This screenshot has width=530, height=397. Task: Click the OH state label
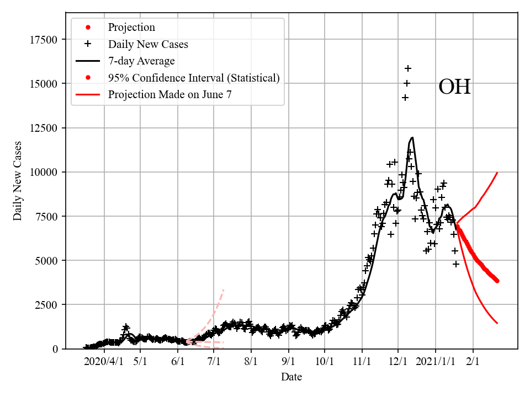454,87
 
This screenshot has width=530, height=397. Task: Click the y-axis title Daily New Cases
18,181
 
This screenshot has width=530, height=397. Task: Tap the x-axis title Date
291,377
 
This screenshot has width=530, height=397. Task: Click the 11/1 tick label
362,361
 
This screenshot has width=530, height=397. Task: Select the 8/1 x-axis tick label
251,361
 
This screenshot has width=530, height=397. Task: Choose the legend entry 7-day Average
141,61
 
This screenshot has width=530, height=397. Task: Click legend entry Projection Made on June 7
169,94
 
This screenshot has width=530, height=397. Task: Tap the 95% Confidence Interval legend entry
194,78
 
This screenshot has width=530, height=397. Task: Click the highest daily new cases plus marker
408,68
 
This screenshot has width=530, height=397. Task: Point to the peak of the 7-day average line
412,138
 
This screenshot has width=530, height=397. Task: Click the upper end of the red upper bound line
497,173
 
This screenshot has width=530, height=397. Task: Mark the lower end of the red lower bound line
497,323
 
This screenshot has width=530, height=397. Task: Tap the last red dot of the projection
497,281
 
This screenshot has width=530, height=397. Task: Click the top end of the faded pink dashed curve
224,289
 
